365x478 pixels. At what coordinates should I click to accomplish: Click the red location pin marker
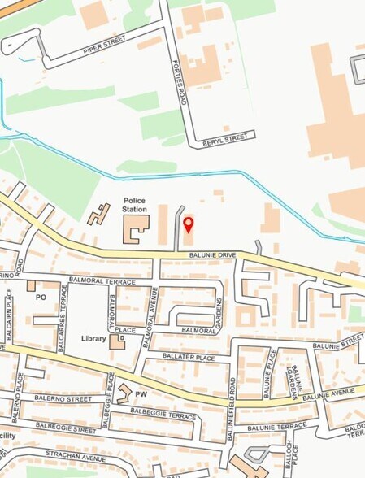click(x=188, y=224)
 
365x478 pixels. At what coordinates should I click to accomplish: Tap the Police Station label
click(x=135, y=204)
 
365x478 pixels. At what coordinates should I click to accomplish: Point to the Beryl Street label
click(x=222, y=139)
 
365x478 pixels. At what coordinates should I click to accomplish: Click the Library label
click(x=93, y=337)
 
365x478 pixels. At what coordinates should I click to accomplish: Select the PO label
click(x=41, y=298)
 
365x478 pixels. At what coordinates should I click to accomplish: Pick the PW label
click(x=141, y=393)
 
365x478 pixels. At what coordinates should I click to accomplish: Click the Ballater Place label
click(x=189, y=357)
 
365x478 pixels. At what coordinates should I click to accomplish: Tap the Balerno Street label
click(x=63, y=399)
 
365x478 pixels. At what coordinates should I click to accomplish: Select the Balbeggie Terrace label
click(x=159, y=416)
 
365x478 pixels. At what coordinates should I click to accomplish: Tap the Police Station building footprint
click(x=135, y=228)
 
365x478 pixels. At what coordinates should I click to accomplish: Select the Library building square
click(x=117, y=341)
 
